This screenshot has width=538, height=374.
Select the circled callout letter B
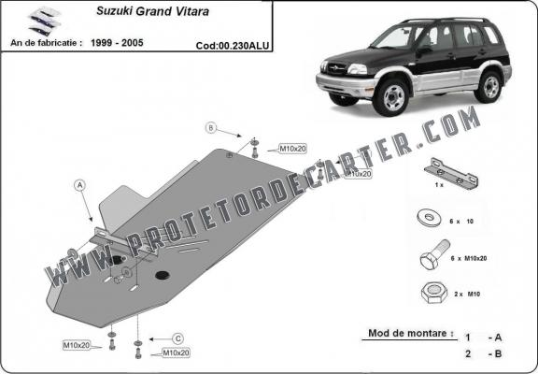[x=211, y=127]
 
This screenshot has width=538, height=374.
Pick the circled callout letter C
[x=177, y=338]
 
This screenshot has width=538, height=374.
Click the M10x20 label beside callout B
[x=291, y=148]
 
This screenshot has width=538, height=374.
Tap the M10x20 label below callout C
[x=176, y=352]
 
